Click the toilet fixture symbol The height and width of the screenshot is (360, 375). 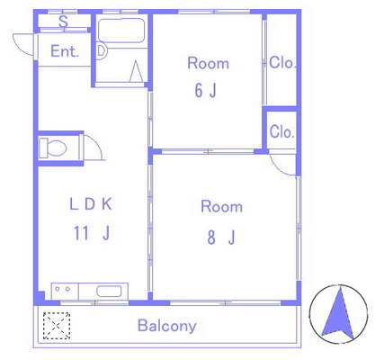click(x=53, y=148)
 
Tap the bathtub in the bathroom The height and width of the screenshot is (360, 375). click(x=121, y=31)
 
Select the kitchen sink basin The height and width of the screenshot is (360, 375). click(x=109, y=292)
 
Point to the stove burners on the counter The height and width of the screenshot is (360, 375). click(x=63, y=289)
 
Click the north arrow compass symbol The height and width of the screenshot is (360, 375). click(x=338, y=313)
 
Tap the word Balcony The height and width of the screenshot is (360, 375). click(x=167, y=326)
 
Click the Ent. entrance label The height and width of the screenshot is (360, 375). click(x=65, y=51)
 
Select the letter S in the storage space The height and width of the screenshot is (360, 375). click(x=63, y=22)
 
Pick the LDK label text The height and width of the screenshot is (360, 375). click(x=91, y=204)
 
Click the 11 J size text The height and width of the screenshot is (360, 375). click(x=92, y=233)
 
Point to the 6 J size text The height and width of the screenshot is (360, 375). click(x=206, y=90)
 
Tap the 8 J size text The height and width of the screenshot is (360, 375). click(x=221, y=238)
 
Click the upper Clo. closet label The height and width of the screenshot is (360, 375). click(x=282, y=63)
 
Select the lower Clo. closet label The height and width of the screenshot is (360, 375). click(x=281, y=131)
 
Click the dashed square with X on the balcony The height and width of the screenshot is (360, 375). click(x=57, y=326)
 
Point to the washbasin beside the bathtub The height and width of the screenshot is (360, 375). click(x=102, y=50)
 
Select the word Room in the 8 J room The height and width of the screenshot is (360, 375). click(x=222, y=207)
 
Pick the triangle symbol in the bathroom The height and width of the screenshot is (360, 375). click(x=136, y=71)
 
